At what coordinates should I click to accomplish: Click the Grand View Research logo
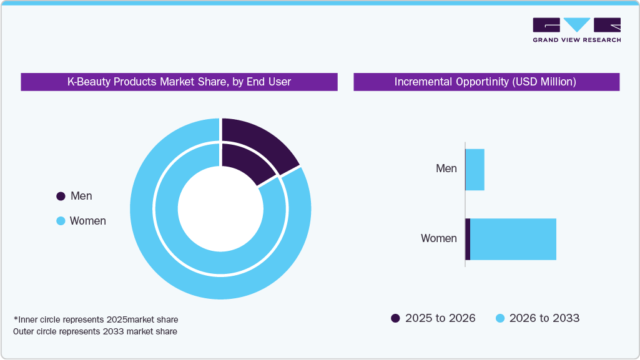click(x=576, y=30)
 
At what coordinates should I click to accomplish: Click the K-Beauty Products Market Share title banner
click(x=179, y=82)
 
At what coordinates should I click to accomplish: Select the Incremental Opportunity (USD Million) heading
click(x=485, y=82)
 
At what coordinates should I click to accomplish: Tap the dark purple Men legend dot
click(x=61, y=196)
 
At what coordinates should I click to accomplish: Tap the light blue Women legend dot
click(x=61, y=221)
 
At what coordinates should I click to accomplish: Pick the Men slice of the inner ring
click(x=245, y=160)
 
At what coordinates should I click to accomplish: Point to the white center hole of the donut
click(x=220, y=208)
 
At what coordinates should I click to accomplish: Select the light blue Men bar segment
click(x=475, y=170)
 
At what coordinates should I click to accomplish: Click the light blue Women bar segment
click(x=513, y=239)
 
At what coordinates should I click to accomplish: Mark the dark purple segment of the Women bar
click(x=468, y=239)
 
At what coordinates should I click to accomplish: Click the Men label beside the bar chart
click(x=446, y=168)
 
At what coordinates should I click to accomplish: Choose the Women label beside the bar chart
click(x=438, y=238)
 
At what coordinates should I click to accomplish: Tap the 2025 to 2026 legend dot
click(x=395, y=318)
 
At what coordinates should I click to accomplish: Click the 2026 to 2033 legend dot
click(x=500, y=318)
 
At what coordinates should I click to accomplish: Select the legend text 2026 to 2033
click(x=544, y=318)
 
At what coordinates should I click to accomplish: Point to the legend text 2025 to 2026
click(x=440, y=318)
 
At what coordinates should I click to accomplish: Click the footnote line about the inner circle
click(x=96, y=319)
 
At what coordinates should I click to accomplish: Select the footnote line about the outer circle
click(x=95, y=331)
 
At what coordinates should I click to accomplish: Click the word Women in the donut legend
click(x=87, y=221)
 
